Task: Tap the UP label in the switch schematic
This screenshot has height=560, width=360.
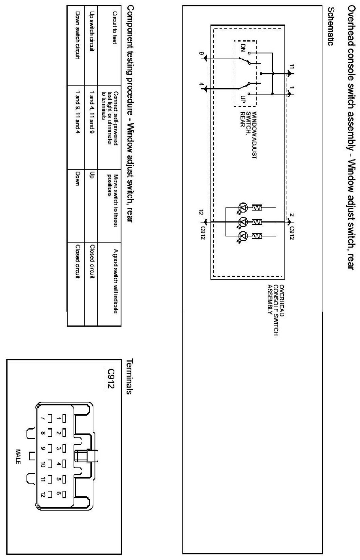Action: [x=243, y=99]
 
